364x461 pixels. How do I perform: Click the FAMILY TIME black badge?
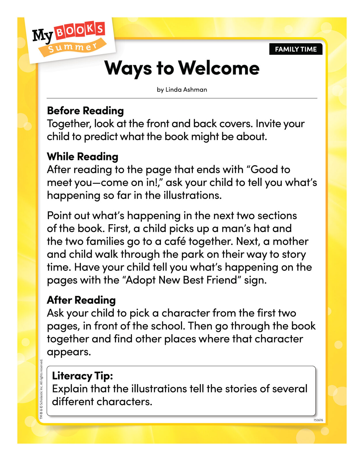pos(296,49)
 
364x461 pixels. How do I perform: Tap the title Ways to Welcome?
pos(182,68)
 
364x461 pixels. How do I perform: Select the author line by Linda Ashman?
pos(182,90)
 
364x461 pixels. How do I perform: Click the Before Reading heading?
pos(85,111)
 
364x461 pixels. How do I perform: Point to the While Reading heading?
pos(82,156)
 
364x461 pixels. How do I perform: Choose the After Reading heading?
pos(81,300)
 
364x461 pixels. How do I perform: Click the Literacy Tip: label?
pos(82,376)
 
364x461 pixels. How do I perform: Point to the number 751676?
pos(318,420)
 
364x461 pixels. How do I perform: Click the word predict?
pos(101,137)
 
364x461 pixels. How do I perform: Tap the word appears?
pos(69,352)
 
